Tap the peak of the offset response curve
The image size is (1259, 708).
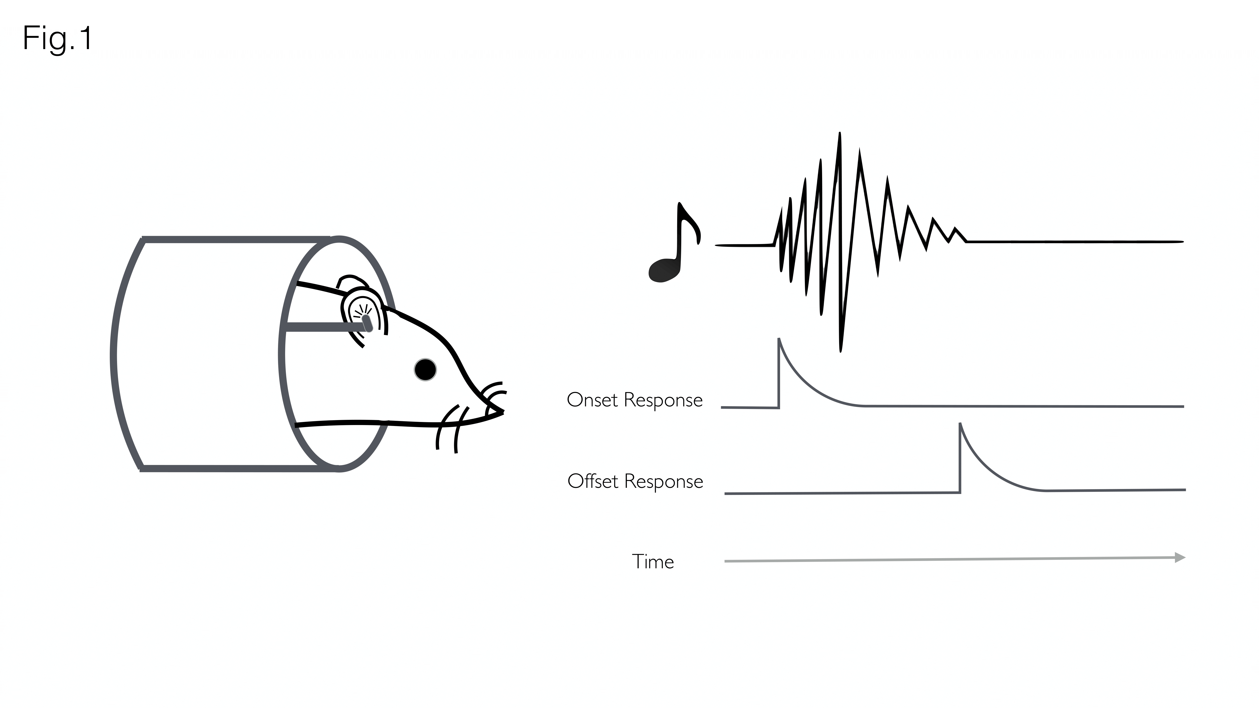pos(960,424)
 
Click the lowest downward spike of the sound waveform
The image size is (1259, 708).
pos(841,350)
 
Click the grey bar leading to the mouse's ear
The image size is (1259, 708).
pos(318,326)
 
